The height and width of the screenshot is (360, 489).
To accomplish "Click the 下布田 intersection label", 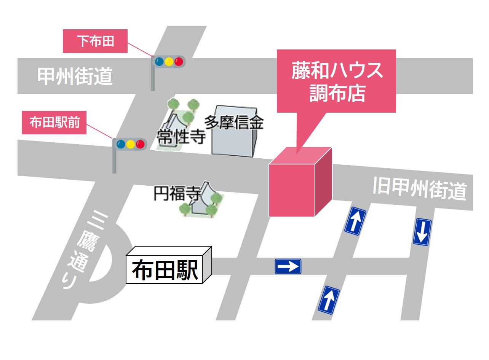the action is (95, 41).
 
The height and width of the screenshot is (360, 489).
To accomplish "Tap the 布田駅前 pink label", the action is (54, 123).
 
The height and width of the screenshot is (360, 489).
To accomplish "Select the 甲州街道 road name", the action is (75, 76).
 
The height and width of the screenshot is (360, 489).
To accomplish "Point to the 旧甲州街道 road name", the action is (420, 189).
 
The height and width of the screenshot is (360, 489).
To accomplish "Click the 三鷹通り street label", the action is (83, 249).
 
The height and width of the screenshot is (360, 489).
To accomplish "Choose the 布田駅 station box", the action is (169, 265).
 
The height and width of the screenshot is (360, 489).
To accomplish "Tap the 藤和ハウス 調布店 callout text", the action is (337, 81).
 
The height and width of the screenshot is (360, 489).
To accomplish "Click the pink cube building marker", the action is (300, 182).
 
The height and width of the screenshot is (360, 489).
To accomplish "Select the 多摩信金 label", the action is (234, 123).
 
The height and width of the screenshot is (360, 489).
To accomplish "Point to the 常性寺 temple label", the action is (181, 137).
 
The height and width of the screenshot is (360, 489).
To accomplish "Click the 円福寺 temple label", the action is (177, 193).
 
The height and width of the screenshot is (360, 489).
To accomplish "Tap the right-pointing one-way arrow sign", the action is (288, 266).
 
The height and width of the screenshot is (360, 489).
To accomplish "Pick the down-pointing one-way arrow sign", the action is (422, 232).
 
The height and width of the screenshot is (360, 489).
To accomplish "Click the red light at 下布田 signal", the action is (179, 62).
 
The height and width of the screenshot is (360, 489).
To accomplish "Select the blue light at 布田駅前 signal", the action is (121, 144).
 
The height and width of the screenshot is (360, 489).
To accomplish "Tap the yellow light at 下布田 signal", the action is (169, 62).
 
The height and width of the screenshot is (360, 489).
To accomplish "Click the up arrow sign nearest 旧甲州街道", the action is (355, 221).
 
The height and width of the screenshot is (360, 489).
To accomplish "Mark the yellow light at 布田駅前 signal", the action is (130, 144).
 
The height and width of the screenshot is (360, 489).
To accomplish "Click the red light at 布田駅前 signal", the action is (140, 144).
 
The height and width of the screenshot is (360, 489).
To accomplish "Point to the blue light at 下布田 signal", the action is (159, 62).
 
